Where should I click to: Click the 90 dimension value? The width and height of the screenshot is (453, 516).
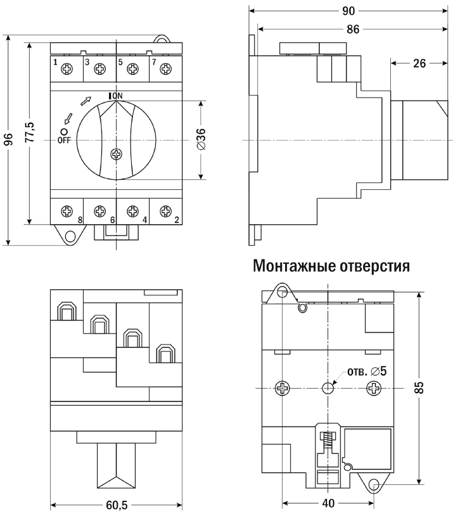pos(348,11)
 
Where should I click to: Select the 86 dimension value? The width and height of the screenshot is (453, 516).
pos(353,30)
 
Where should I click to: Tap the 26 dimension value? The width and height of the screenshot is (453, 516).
pos(419,63)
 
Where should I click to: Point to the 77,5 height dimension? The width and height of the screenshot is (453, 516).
pos(30,132)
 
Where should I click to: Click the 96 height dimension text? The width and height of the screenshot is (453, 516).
pos(9,139)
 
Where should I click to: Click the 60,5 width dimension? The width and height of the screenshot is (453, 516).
pos(117,505)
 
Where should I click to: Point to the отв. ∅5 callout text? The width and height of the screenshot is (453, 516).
pos(367,371)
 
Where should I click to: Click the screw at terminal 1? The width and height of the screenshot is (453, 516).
pos(67,69)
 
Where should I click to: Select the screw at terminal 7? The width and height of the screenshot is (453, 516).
pos(165,69)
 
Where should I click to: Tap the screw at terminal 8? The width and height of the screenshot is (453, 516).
pos(67,211)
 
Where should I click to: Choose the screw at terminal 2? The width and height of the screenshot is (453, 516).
pos(165,211)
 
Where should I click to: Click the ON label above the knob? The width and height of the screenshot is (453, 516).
pos(117,96)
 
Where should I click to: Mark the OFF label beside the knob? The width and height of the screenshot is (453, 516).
pos(64,140)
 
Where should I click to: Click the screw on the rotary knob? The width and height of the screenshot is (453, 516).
pos(116,154)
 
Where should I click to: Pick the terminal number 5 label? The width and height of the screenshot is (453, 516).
pos(120,62)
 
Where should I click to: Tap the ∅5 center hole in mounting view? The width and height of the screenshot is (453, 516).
pos(328,388)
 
